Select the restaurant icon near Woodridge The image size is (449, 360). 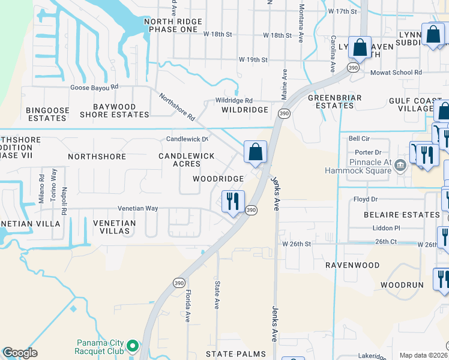(x=232, y=201)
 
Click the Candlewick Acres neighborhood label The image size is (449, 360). (x=186, y=160)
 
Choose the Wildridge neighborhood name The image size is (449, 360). (x=244, y=110)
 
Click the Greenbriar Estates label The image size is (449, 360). (x=330, y=101)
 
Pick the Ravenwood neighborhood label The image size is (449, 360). (x=352, y=265)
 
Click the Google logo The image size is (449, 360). (x=20, y=353)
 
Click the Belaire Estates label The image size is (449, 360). (x=402, y=214)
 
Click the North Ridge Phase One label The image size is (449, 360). (x=170, y=25)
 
